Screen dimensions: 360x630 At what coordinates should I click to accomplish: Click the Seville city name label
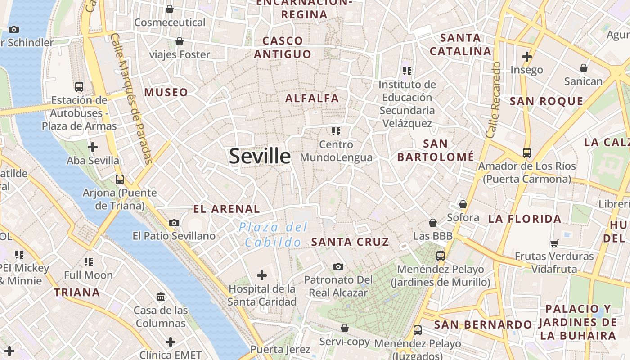click(x=260, y=156)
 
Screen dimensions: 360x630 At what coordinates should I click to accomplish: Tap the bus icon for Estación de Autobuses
click(x=79, y=86)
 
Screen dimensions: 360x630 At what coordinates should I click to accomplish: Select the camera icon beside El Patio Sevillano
click(x=174, y=223)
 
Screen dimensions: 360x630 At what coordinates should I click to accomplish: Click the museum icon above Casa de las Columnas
click(x=161, y=297)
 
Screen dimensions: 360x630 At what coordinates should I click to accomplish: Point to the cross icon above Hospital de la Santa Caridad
click(x=261, y=275)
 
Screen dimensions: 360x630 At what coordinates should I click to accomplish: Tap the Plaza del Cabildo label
click(x=273, y=234)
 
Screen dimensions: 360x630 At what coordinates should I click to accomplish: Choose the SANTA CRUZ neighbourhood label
click(x=350, y=242)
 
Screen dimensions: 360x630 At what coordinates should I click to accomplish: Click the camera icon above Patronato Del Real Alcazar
click(x=338, y=266)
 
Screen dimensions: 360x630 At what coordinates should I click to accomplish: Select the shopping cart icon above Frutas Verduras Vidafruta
click(x=554, y=243)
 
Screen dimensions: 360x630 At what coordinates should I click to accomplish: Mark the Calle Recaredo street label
click(x=493, y=100)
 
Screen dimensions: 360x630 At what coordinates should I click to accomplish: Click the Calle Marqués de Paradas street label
click(x=131, y=99)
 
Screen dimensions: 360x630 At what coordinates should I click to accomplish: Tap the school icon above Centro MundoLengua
click(x=336, y=131)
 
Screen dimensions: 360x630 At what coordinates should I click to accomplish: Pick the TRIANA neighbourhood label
click(x=77, y=292)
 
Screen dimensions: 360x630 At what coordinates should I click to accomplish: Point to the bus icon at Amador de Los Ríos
click(x=527, y=153)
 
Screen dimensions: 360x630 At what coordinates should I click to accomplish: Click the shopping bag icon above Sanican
click(x=584, y=68)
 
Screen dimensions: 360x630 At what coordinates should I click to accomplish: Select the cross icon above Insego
click(x=526, y=57)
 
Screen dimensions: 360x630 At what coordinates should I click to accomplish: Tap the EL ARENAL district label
click(x=226, y=209)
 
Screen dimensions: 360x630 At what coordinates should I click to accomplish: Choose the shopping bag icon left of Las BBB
click(x=433, y=223)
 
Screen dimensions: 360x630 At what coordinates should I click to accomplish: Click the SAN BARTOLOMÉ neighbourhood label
click(x=436, y=150)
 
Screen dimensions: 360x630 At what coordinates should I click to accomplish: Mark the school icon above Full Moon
click(x=89, y=261)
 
